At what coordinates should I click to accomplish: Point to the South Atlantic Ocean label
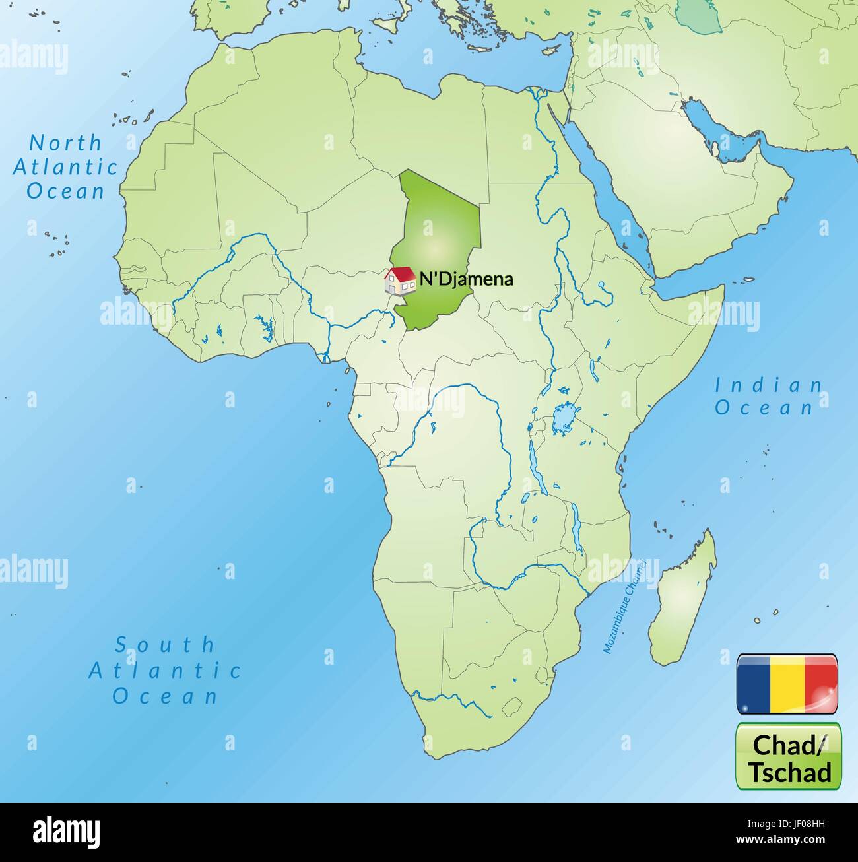(165, 670)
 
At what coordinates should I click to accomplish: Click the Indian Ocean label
(768, 397)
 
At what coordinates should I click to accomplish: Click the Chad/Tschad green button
(789, 756)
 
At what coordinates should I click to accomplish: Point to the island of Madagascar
(683, 601)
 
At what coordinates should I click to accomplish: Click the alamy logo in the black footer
(66, 832)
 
